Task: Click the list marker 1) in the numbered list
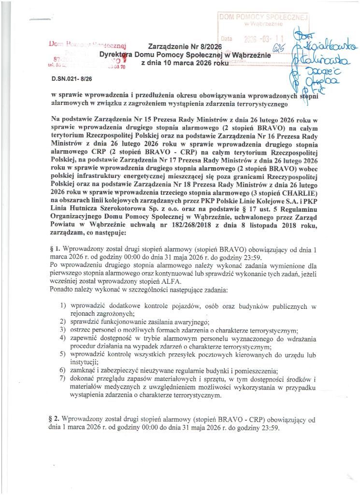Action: coord(63,306)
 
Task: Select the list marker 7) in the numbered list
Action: coord(63,379)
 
